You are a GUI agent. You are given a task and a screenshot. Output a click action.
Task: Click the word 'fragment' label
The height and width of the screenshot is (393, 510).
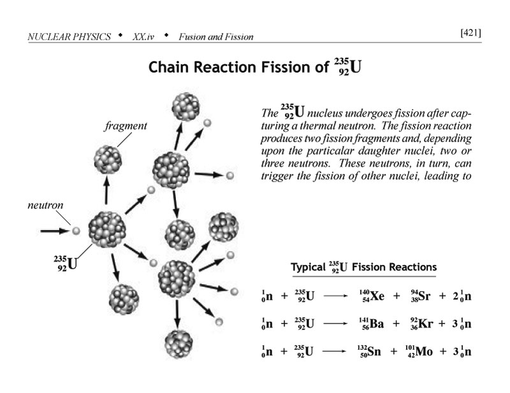[x=125, y=125]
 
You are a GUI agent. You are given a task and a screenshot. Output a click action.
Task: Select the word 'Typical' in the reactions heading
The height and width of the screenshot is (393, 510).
[x=310, y=267]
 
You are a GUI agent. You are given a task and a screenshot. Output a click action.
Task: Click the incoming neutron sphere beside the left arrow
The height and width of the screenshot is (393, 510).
[x=75, y=231]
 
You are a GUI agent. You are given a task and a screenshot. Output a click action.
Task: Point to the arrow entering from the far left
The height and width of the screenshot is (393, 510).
[x=54, y=231]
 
